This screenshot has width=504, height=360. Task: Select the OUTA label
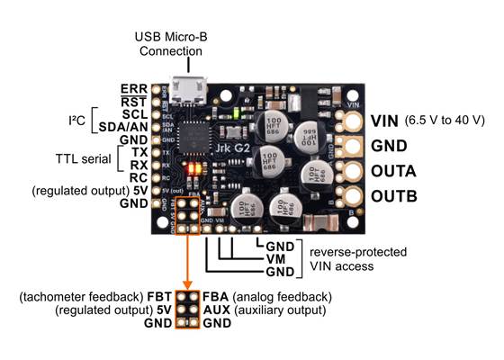(396, 171)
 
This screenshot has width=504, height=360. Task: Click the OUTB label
(396, 196)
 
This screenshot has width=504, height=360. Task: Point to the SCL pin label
(133, 114)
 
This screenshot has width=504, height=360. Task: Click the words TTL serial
(76, 159)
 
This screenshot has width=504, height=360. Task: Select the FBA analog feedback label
(217, 297)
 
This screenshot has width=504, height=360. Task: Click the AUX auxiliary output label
(218, 310)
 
